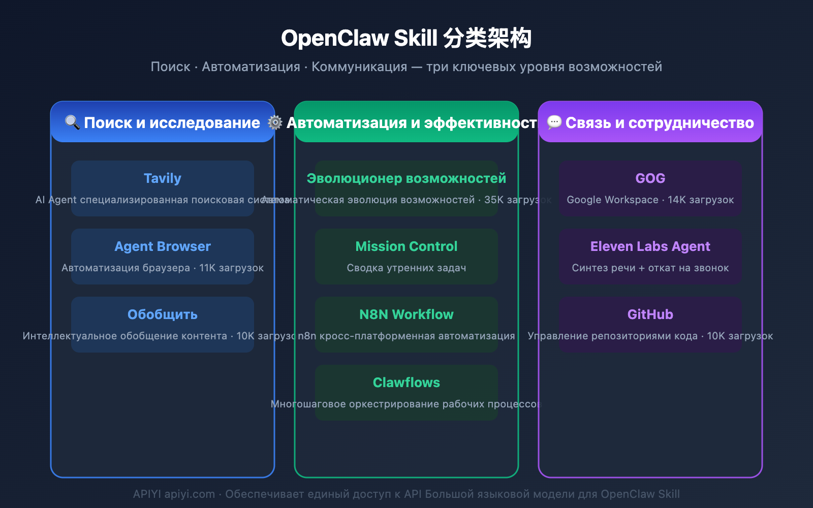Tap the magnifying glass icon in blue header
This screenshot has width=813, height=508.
tap(72, 122)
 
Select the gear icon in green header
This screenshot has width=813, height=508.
tap(275, 122)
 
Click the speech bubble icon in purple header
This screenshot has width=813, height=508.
tap(554, 122)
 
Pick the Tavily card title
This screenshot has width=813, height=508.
tap(162, 178)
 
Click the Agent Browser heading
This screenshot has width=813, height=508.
tap(162, 246)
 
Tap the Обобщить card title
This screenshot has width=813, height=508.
tap(162, 314)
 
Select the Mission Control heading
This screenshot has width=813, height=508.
tap(406, 246)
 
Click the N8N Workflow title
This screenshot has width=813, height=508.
tap(406, 314)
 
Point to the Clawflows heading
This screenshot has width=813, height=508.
tap(406, 383)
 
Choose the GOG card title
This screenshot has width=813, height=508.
tap(650, 178)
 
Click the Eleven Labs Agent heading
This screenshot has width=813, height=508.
tap(650, 246)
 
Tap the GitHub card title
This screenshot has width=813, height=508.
tap(650, 314)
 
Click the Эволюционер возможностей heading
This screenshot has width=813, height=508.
tap(406, 178)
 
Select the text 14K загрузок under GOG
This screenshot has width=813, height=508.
tap(701, 200)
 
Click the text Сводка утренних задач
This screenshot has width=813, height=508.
tap(406, 268)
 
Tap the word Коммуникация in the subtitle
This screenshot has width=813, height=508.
tap(359, 67)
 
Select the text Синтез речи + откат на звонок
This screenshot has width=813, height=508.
tap(650, 268)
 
